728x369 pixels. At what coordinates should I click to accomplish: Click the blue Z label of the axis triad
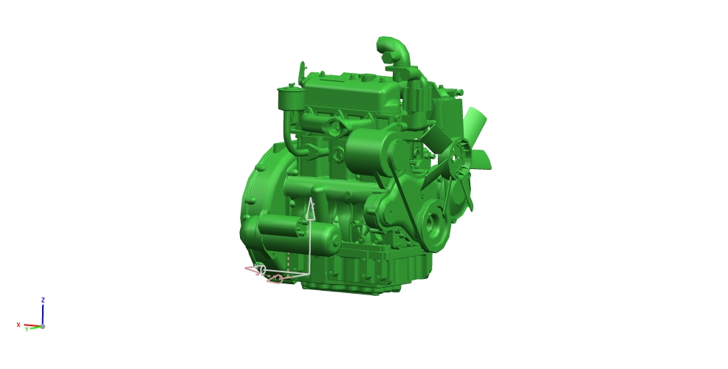[x=43, y=300]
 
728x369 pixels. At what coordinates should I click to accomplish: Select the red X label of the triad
[x=18, y=325]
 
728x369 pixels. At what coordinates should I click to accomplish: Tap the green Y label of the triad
[x=27, y=329]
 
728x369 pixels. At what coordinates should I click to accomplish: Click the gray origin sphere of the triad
[x=43, y=326]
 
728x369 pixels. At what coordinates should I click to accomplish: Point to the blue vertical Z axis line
[x=43, y=314]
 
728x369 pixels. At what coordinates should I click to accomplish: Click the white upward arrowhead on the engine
[x=311, y=208]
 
